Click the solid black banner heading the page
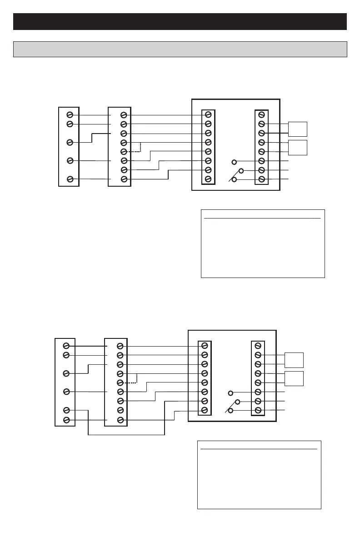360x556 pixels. (x=180, y=21)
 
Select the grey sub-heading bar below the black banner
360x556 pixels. (x=180, y=49)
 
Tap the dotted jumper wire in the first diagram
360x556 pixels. (x=140, y=147)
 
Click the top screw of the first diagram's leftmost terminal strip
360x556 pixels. (x=70, y=115)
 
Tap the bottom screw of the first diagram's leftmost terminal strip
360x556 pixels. (x=70, y=179)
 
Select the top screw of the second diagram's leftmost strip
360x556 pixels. (x=66, y=346)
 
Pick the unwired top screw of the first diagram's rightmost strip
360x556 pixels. (x=261, y=115)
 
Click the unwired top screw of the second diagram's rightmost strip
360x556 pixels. (x=258, y=346)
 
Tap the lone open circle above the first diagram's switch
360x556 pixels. (x=235, y=162)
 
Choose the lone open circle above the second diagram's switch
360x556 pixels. (x=231, y=393)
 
